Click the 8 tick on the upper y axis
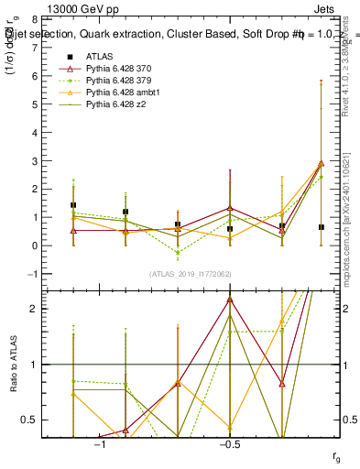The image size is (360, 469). [x=35, y=19]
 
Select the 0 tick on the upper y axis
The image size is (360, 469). [x=35, y=245]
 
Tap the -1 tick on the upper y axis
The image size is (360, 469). [x=33, y=274]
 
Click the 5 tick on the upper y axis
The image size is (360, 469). [x=35, y=104]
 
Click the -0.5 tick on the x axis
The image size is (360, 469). [x=229, y=442]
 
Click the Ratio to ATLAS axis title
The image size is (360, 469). [x=14, y=364]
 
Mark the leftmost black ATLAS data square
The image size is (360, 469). [x=73, y=205]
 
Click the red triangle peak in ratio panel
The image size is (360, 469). [x=230, y=299]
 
